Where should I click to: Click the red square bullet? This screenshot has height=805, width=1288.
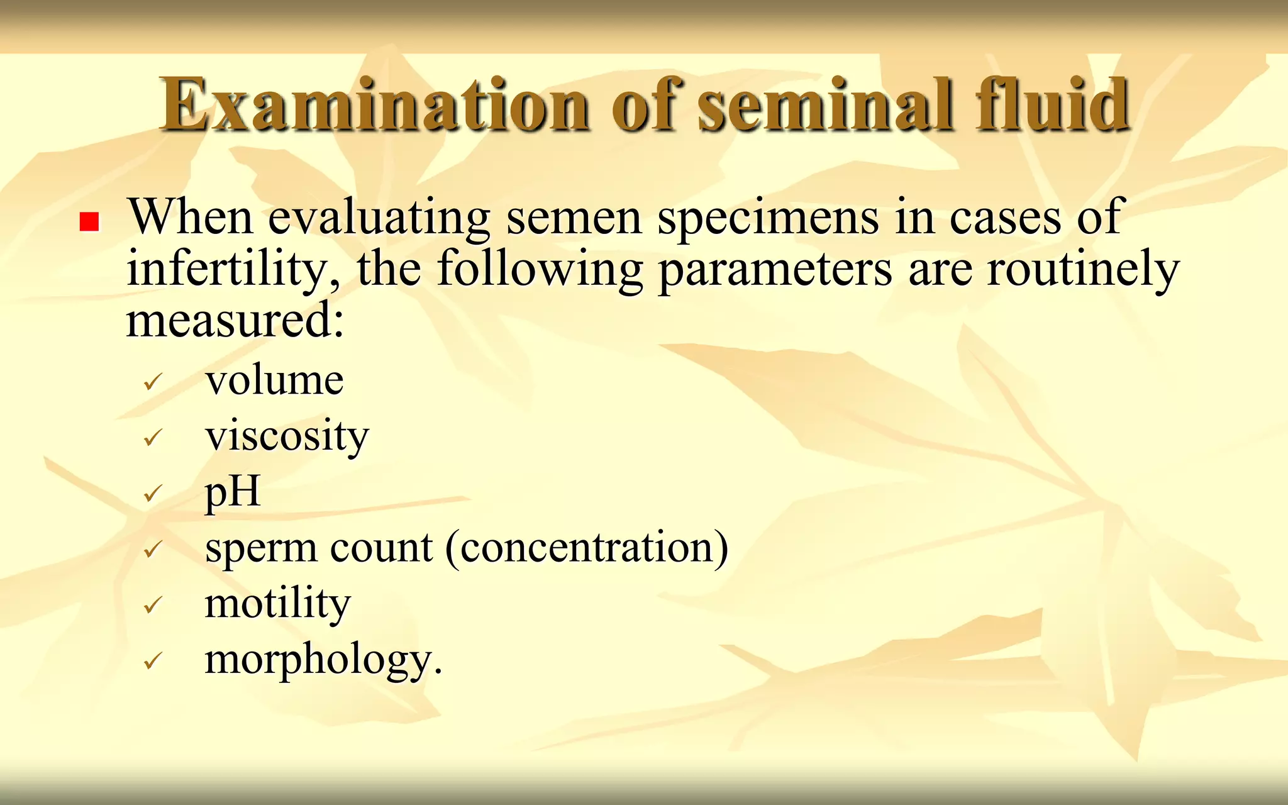pyautogui.click(x=89, y=222)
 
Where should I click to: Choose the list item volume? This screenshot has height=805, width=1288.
pyautogui.click(x=274, y=380)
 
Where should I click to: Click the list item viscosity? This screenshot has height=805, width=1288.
pyautogui.click(x=287, y=436)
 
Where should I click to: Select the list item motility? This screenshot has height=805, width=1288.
pyautogui.click(x=277, y=604)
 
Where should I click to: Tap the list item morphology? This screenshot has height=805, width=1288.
pyautogui.click(x=323, y=660)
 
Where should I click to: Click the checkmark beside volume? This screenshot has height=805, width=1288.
pyautogui.click(x=153, y=381)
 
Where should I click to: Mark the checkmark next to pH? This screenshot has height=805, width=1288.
pyautogui.click(x=153, y=493)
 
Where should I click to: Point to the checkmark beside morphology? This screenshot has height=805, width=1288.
pyautogui.click(x=153, y=661)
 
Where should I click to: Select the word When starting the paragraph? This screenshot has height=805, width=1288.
pyautogui.click(x=191, y=217)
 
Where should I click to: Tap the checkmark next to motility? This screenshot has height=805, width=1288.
pyautogui.click(x=153, y=605)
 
